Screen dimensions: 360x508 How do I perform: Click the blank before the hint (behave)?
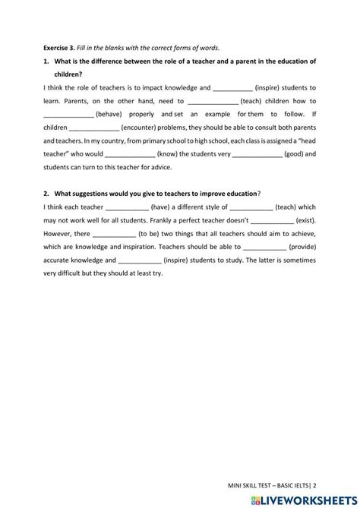coord(68,115)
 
